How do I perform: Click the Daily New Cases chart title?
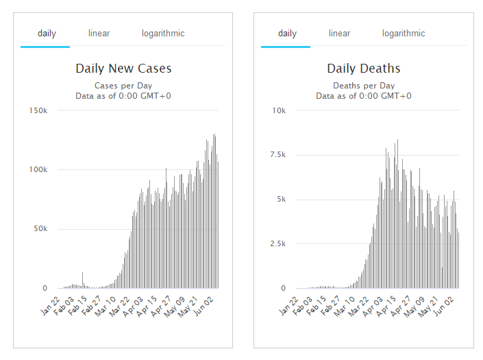(x=123, y=69)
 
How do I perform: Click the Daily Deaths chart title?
(x=364, y=69)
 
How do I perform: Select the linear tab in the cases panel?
(x=99, y=33)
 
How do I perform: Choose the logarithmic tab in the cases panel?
(x=163, y=33)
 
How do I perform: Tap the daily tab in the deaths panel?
(x=287, y=33)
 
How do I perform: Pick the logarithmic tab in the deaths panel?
(x=404, y=33)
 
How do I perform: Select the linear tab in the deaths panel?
(x=339, y=33)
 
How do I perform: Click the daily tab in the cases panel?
(x=47, y=33)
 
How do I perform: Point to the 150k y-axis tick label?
(x=37, y=110)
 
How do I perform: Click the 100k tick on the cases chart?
(x=37, y=169)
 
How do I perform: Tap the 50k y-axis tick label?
(x=39, y=229)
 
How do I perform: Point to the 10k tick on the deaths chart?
(x=280, y=110)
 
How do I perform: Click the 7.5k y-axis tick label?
(x=277, y=155)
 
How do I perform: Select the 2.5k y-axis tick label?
(x=277, y=244)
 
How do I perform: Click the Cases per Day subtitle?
(x=123, y=86)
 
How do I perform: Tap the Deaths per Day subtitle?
(x=364, y=86)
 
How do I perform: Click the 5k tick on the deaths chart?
(x=281, y=200)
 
